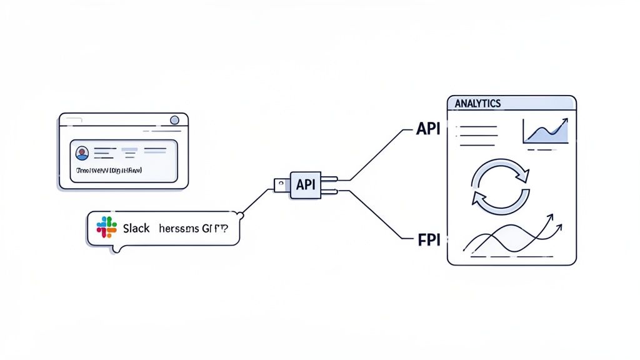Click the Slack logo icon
[x=106, y=227]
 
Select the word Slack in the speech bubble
[x=136, y=228]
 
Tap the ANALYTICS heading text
[x=478, y=104]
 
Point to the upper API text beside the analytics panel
[x=428, y=129]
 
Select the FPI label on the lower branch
[x=428, y=239]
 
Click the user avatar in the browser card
[x=82, y=152]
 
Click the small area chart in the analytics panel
[x=546, y=132]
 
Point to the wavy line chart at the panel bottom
[x=509, y=237]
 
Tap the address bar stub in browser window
[x=72, y=121]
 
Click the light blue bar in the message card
[x=129, y=150]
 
